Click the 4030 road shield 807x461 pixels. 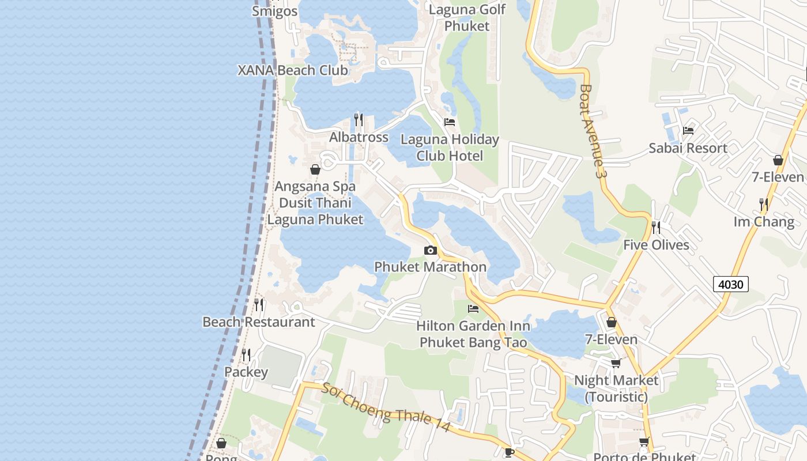[x=731, y=284]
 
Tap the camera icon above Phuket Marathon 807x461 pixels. [x=430, y=250]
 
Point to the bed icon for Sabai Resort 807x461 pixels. [x=688, y=131]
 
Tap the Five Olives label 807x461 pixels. [x=656, y=245]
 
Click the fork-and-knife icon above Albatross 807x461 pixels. [x=359, y=120]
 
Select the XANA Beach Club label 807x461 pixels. [x=293, y=70]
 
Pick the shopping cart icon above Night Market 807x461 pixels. [x=616, y=363]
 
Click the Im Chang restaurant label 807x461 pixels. [x=764, y=222]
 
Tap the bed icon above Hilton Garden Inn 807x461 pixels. [x=473, y=309]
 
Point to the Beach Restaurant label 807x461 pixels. [x=259, y=322]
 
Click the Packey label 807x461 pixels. [x=246, y=372]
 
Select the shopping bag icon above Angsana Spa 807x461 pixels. [x=315, y=169]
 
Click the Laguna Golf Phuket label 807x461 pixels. [x=467, y=18]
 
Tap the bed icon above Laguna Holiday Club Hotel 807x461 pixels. [x=450, y=122]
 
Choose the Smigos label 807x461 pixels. [x=275, y=12]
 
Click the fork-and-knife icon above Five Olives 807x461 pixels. [x=656, y=228]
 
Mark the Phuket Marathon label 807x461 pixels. [x=431, y=267]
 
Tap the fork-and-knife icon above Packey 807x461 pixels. [x=246, y=354]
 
